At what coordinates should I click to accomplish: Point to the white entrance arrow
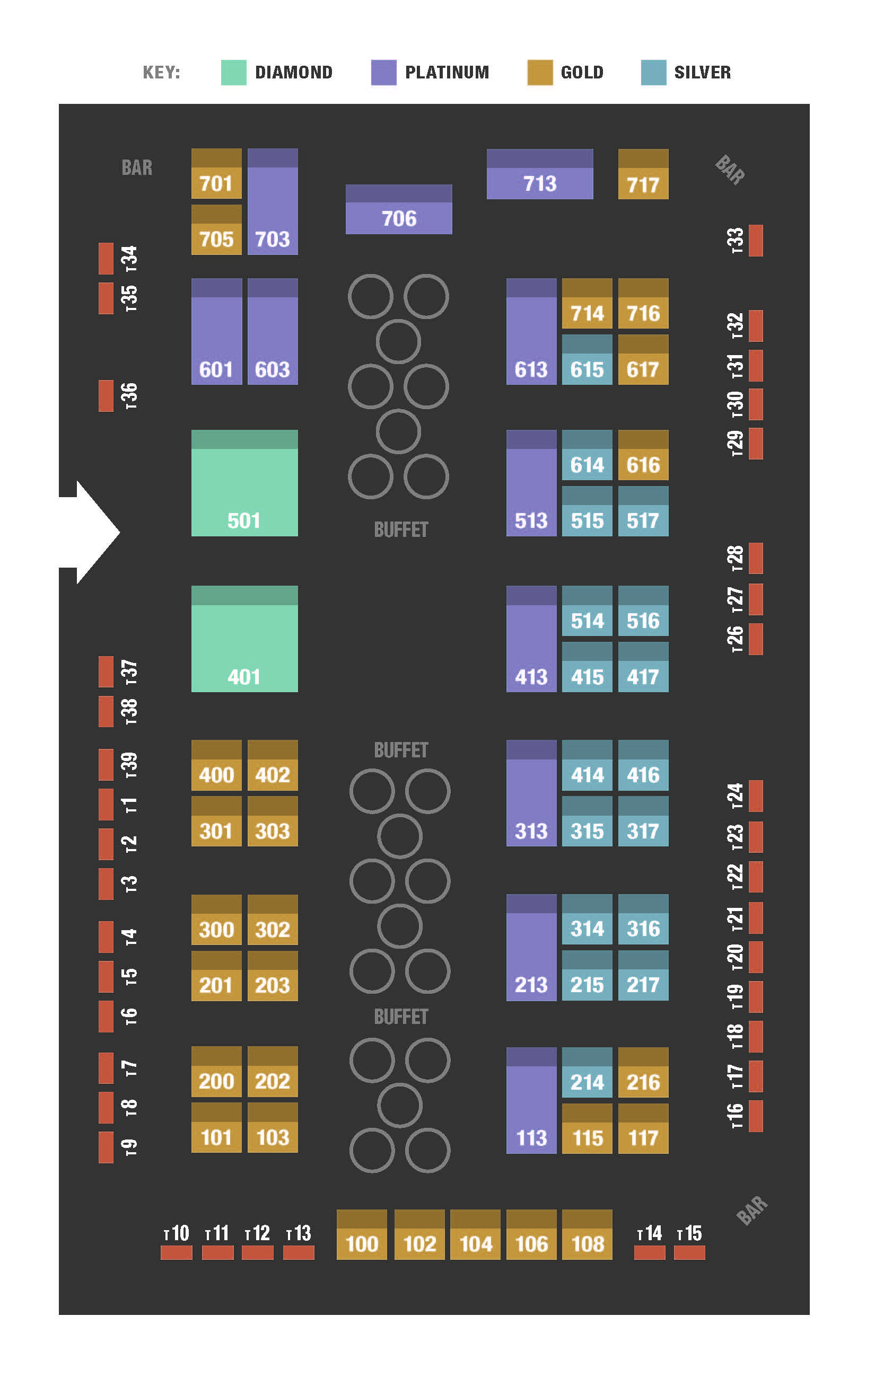point(92,532)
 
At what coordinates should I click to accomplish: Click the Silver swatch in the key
point(653,72)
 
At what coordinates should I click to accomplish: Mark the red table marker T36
point(106,395)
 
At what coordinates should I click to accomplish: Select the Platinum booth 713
point(539,174)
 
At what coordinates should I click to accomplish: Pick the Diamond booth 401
point(244,639)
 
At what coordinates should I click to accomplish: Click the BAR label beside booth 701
point(137,167)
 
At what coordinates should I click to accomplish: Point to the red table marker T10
point(176,1253)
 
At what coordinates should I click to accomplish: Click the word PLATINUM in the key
point(447,72)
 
